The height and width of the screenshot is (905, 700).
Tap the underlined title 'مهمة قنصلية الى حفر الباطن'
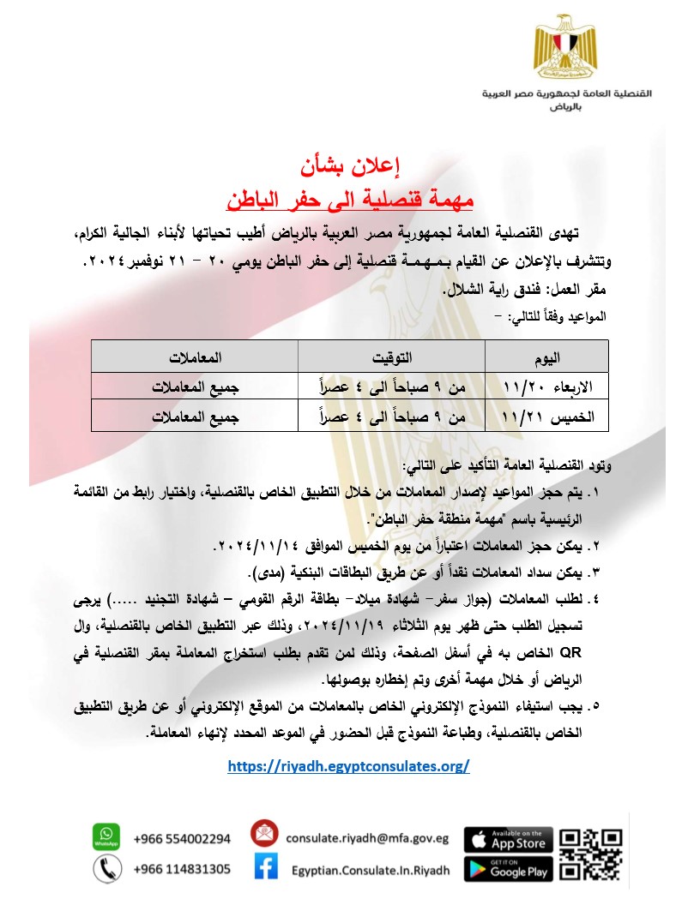pos(349,199)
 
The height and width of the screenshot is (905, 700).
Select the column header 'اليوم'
pos(546,357)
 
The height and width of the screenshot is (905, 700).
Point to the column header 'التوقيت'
pos(391,357)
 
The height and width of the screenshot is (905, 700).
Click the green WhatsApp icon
pos(106,836)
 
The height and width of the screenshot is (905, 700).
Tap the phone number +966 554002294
pos(182,838)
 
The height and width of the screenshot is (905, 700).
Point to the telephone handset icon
pos(106,869)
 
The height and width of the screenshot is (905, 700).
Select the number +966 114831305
pos(182,869)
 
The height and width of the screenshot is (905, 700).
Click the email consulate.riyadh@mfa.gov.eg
pos(367,838)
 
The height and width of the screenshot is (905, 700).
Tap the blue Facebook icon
pos(265,869)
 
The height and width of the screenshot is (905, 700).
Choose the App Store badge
pos(508,838)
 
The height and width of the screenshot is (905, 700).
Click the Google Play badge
pos(508,869)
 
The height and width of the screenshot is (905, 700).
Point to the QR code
pos(591,854)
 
